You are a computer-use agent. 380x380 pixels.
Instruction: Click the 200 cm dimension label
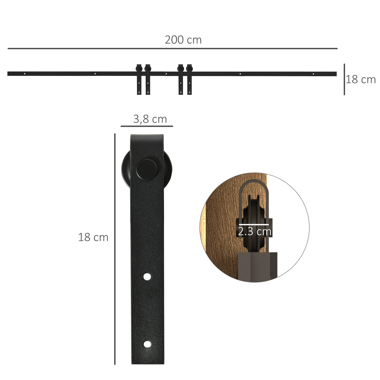183,40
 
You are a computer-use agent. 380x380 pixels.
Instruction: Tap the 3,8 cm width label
150,119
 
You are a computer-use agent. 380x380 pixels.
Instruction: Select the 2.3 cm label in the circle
255,231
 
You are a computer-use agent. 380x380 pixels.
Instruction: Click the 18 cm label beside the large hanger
93,237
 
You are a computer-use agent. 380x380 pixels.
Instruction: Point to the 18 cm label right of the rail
361,79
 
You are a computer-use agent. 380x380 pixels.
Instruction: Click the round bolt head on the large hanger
147,169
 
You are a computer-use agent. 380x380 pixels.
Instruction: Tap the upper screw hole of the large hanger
147,277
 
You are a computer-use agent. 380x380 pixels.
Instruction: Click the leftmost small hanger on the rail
139,79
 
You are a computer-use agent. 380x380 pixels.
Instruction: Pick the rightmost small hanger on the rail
190,79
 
